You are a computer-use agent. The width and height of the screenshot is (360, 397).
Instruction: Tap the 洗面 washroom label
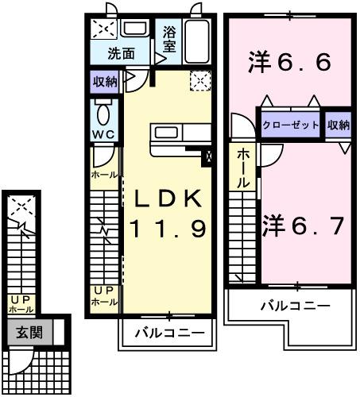(122, 54)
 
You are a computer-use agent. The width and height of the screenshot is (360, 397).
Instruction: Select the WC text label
(103, 133)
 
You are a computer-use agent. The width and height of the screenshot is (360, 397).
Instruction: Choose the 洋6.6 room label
(288, 64)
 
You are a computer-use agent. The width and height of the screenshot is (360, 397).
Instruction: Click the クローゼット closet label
(291, 125)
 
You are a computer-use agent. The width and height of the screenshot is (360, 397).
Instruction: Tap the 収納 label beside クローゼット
(338, 125)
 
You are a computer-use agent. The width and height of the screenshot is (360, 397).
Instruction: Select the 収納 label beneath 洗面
(104, 80)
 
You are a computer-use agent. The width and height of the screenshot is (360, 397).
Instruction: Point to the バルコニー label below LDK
(168, 332)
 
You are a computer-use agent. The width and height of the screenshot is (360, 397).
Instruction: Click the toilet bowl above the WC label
(103, 110)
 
